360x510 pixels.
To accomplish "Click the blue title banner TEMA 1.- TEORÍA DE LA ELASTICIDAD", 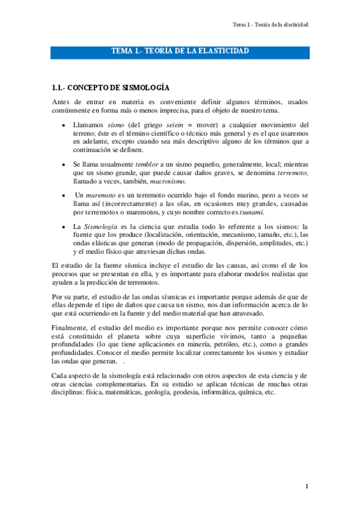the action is [180, 52].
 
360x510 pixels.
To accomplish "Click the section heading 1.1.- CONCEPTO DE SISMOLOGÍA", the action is [111, 88].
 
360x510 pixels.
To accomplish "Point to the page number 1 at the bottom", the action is [307, 486].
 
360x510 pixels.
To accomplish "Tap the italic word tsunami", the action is [251, 212].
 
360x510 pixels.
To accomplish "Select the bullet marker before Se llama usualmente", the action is [64, 164].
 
